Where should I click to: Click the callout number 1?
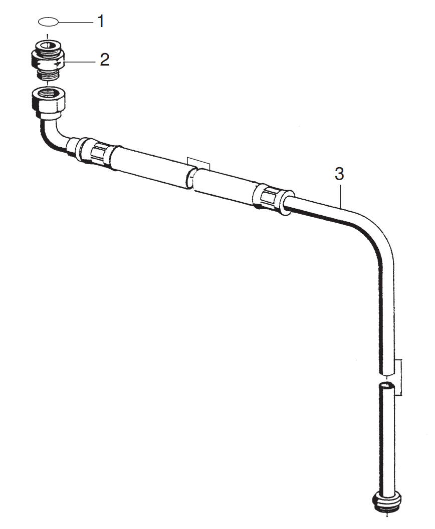(101, 22)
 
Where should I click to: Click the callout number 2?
(104, 60)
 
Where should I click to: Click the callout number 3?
(339, 174)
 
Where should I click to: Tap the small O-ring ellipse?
(48, 22)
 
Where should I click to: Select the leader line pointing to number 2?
(80, 61)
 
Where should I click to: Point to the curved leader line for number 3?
(341, 195)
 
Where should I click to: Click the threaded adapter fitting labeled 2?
(48, 60)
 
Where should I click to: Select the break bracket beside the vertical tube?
(398, 377)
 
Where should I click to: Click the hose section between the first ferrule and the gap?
(150, 165)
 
